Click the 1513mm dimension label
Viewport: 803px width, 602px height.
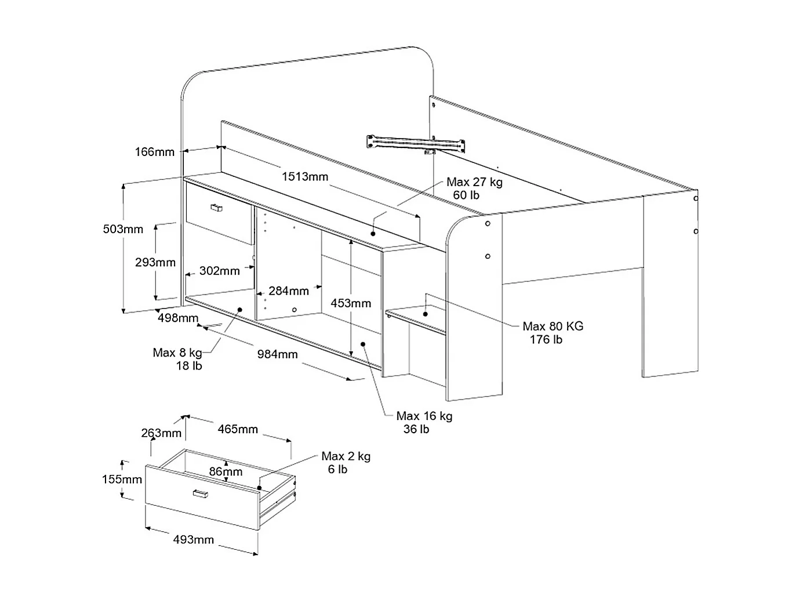pos(305,177)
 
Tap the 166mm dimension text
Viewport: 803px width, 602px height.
pos(154,152)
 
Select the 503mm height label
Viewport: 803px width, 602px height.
pos(123,229)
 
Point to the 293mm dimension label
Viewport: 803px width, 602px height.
pos(155,263)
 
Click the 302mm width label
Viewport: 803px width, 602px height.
pos(219,271)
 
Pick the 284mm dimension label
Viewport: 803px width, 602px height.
pos(288,291)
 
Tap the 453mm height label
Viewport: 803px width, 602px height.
pos(351,303)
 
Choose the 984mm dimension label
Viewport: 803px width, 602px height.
pos(278,354)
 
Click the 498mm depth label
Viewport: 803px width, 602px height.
pos(178,318)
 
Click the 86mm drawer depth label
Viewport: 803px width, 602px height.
pos(226,472)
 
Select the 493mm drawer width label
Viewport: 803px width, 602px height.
pos(194,540)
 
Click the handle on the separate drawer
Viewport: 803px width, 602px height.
pos(201,494)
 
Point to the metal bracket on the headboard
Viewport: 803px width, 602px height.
pos(415,143)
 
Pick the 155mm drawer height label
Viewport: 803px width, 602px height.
pos(122,479)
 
